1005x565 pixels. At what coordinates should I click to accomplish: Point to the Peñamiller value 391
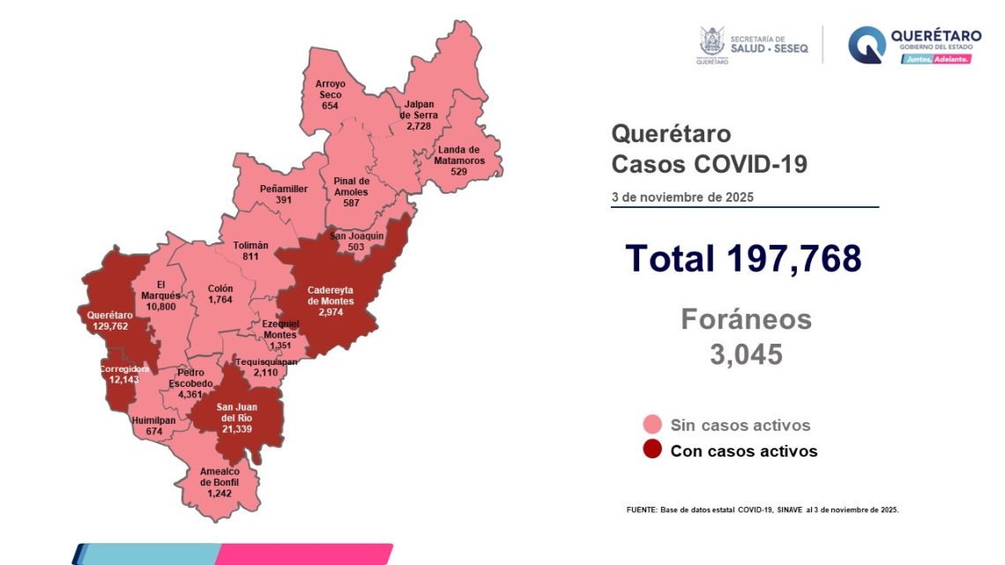click(x=284, y=200)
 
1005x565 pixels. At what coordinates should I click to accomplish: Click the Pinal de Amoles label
click(x=351, y=187)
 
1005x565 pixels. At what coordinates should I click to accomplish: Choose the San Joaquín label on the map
click(x=356, y=236)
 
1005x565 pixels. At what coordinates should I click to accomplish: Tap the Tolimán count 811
click(x=251, y=257)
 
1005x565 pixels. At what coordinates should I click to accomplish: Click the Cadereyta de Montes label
click(x=331, y=295)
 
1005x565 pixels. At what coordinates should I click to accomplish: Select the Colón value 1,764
click(x=220, y=300)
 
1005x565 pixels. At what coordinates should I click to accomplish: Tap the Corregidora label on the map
click(x=124, y=368)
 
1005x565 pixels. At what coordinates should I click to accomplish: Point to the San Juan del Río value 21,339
click(x=238, y=428)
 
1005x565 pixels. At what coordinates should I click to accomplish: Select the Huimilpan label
click(x=152, y=420)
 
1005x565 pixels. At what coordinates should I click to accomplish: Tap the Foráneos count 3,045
click(x=746, y=354)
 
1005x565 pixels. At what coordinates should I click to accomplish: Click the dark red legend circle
click(x=652, y=450)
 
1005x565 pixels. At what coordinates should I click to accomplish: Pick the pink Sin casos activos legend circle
click(x=652, y=425)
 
